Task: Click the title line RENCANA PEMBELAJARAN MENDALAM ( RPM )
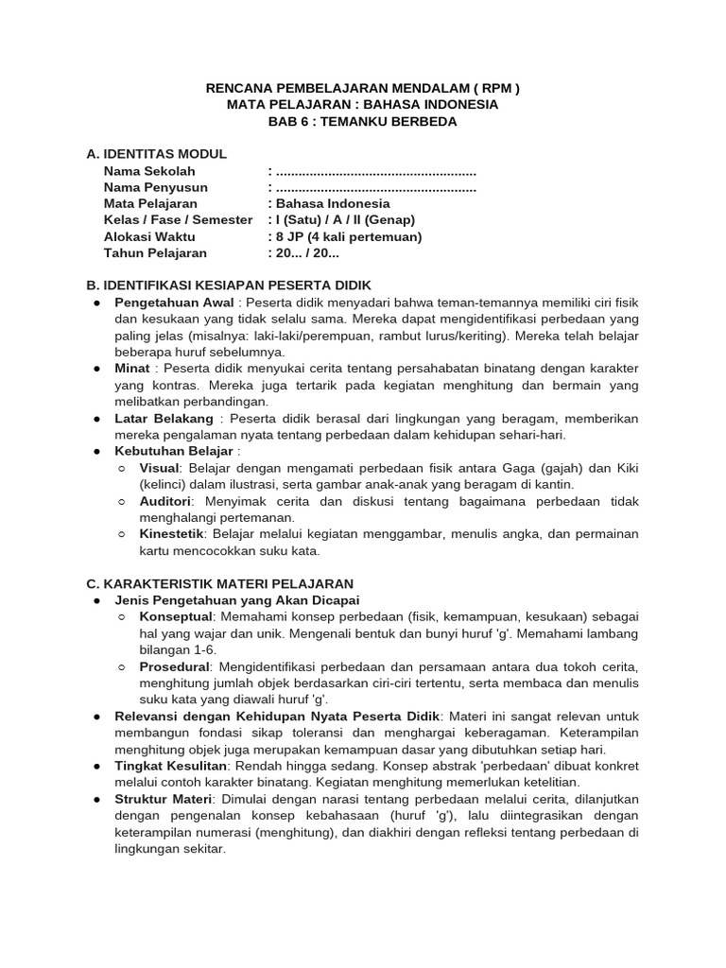click(x=362, y=89)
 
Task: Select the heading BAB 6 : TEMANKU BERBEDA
click(x=362, y=122)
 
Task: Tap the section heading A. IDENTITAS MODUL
click(x=156, y=154)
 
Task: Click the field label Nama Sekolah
click(x=149, y=171)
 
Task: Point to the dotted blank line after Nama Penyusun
click(x=374, y=187)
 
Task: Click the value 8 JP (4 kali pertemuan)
click(x=348, y=236)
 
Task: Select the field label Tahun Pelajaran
click(x=155, y=253)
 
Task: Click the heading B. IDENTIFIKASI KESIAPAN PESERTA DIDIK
click(x=229, y=285)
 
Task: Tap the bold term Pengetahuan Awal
click(x=175, y=302)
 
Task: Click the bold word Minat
click(x=132, y=368)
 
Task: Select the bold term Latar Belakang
click(x=165, y=418)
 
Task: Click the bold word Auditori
click(x=165, y=501)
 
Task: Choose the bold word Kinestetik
click(x=171, y=534)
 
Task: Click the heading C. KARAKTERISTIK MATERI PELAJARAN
click(x=219, y=583)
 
